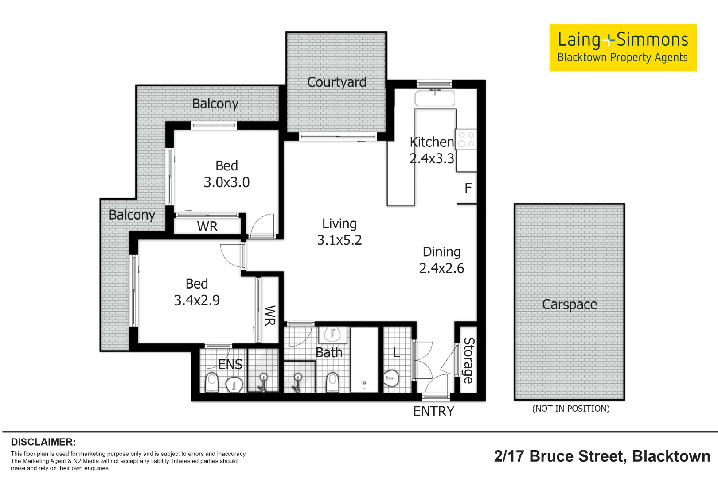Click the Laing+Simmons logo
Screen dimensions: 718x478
(x=623, y=48)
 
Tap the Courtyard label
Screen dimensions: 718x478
(x=336, y=82)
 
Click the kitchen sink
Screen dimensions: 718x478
(x=435, y=98)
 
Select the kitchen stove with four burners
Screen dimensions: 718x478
(x=466, y=139)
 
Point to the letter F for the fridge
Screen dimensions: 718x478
(x=468, y=188)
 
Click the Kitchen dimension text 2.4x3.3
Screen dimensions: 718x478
(x=432, y=158)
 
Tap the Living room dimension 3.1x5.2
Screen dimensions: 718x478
(x=339, y=240)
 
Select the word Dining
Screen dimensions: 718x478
(x=442, y=252)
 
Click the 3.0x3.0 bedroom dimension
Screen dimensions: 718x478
(x=226, y=182)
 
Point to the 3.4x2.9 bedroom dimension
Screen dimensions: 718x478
(x=197, y=300)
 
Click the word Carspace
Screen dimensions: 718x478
(x=570, y=305)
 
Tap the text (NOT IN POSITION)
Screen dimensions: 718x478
(x=571, y=409)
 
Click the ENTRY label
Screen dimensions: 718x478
(x=434, y=411)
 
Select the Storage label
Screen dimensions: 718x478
(x=468, y=360)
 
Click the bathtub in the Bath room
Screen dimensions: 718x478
(x=364, y=359)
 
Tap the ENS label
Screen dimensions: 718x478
(x=230, y=364)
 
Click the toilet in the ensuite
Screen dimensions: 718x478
(x=211, y=382)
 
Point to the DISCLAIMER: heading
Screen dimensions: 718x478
(x=43, y=442)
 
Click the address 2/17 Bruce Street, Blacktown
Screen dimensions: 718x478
(x=602, y=456)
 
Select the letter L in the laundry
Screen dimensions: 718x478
(x=397, y=352)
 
